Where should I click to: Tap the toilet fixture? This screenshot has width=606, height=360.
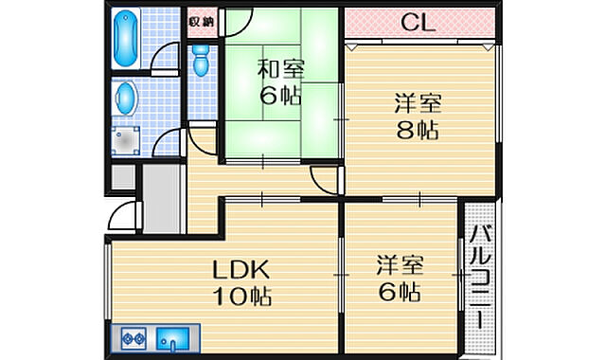pos(201,63)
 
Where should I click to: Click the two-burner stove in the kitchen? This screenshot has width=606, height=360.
pos(131,336)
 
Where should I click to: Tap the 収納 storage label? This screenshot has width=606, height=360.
pos(201,21)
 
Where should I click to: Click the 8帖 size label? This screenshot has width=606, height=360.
pos(417,132)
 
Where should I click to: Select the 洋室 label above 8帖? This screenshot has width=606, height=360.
pos(417,103)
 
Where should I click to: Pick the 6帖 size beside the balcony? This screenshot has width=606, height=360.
pos(398,291)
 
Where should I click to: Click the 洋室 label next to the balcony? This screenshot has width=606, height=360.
pos(399,262)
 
